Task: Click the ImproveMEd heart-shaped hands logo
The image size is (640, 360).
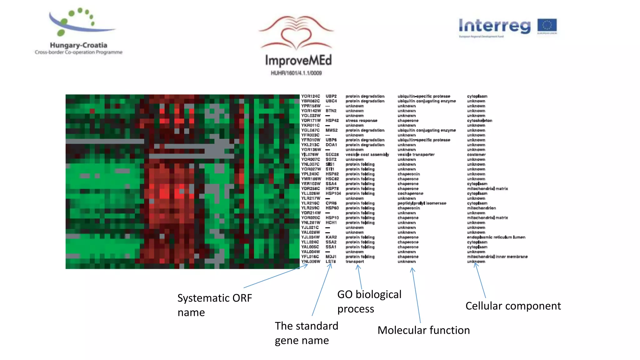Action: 296,33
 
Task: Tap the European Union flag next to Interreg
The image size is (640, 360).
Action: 547,26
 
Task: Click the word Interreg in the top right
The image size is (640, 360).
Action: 494,26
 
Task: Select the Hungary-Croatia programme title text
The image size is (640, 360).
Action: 78,45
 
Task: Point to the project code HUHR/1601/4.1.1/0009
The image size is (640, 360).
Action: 296,73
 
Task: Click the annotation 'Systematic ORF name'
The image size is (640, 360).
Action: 214,305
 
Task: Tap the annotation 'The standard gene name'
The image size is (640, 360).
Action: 306,333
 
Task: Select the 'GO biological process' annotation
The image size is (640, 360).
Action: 369,301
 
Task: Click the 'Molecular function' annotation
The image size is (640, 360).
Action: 423,330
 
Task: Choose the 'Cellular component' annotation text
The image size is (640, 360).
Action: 513,306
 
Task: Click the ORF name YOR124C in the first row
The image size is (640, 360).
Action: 310,96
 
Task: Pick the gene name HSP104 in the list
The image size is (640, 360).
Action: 333,193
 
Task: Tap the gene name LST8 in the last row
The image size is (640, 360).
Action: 331,262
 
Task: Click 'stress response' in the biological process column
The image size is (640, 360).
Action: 361,121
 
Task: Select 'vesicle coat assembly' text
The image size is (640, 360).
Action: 367,155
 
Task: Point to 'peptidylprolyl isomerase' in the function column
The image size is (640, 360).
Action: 422,203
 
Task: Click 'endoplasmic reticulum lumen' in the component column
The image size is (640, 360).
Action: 496,237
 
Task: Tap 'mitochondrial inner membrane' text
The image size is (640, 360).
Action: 497,257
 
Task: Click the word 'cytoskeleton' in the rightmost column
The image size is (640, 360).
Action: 479,121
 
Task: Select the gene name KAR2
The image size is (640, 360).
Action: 331,237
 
